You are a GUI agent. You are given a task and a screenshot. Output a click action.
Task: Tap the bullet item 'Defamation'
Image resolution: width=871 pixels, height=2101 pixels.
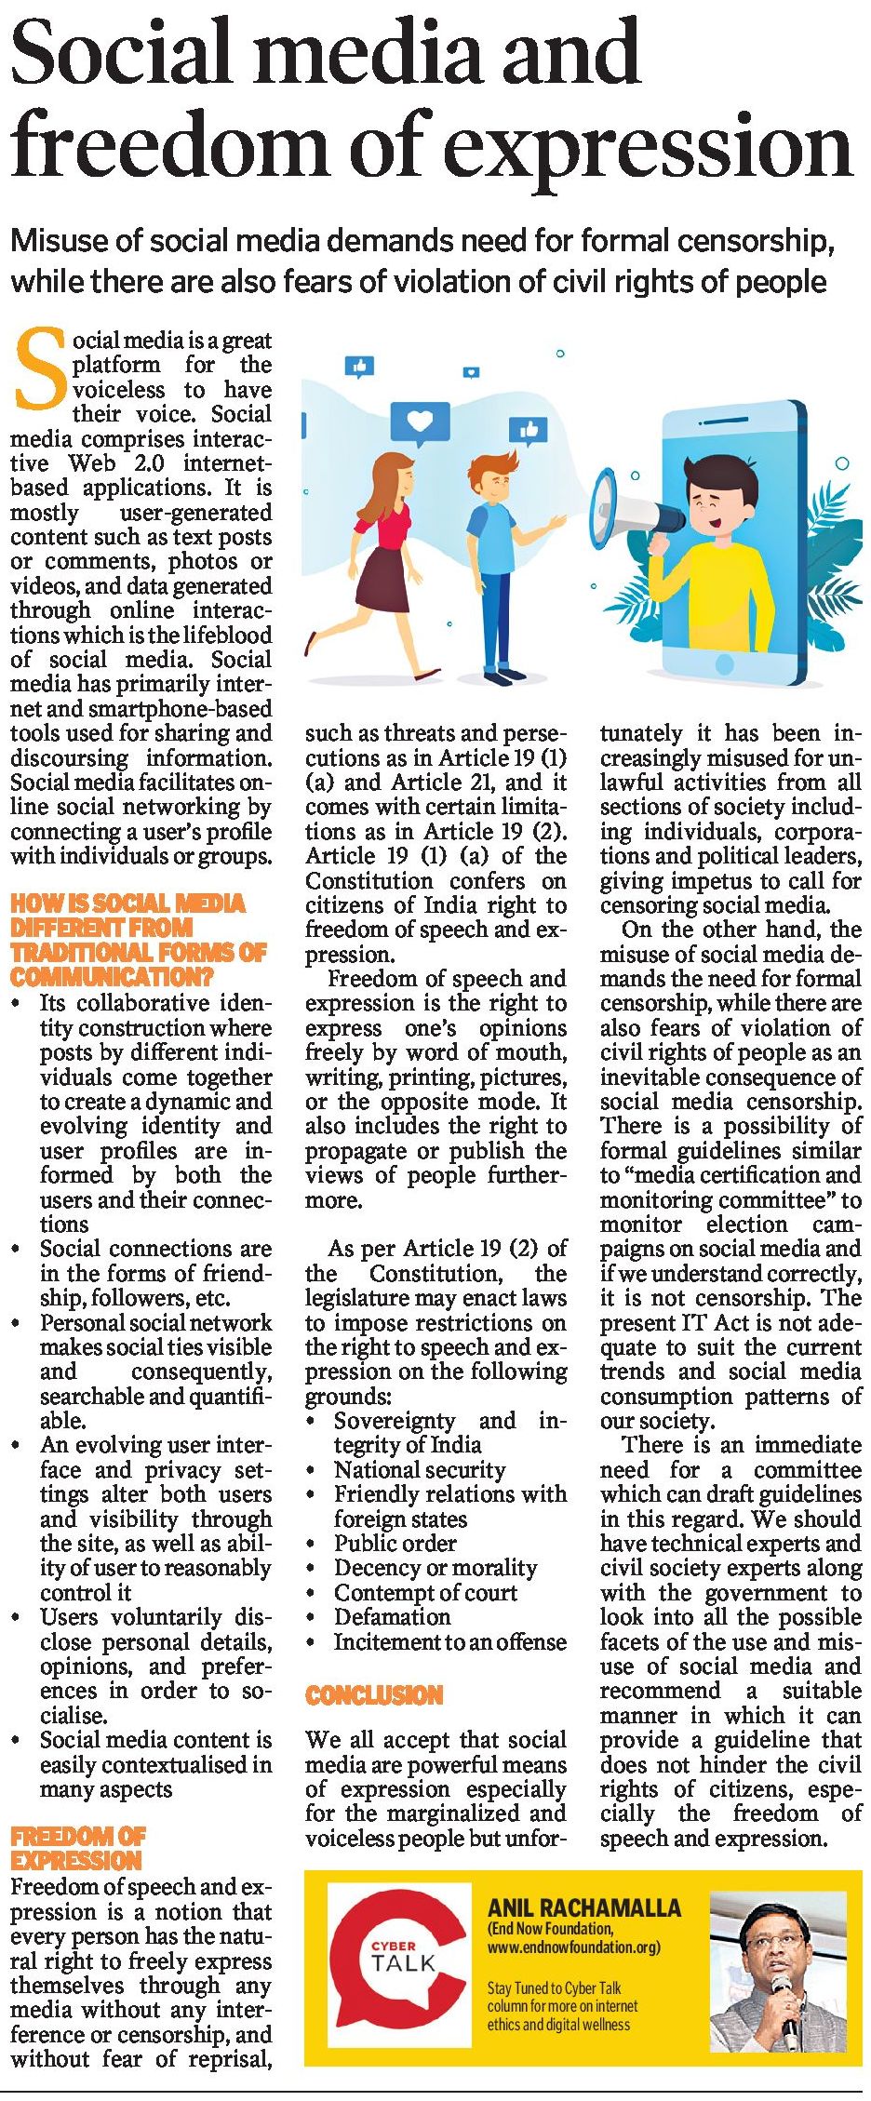(392, 1617)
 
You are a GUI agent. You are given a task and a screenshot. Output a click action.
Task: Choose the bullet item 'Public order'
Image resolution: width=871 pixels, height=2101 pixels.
(395, 1544)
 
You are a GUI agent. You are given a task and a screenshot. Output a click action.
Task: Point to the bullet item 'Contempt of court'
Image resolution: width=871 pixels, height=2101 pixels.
(425, 1593)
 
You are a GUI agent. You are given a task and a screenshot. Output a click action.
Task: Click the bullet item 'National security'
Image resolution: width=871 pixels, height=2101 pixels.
(420, 1470)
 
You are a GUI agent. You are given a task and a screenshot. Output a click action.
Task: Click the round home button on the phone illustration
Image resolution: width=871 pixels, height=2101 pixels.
(723, 663)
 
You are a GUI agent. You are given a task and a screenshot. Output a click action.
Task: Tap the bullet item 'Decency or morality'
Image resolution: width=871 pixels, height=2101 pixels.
(435, 1568)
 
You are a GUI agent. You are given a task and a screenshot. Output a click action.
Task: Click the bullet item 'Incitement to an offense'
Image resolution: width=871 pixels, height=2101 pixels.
(449, 1642)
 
